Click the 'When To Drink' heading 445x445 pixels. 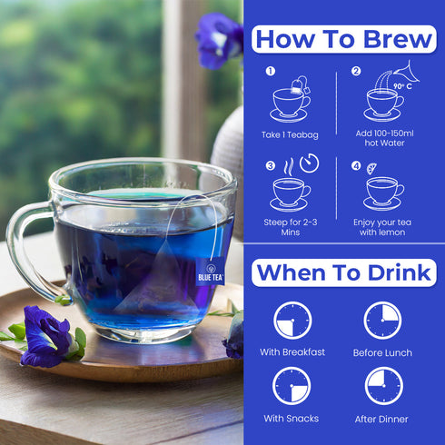[x=344, y=272]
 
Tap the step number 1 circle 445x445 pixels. [x=270, y=71]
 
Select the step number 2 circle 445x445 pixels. [x=356, y=71]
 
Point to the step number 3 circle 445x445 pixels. [x=270, y=166]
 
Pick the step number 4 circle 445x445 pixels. [x=356, y=166]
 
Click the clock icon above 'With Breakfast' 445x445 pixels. [x=292, y=321]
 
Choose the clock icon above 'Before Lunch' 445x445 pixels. [x=382, y=321]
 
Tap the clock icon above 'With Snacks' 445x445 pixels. [x=292, y=386]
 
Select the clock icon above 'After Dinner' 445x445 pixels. [x=383, y=386]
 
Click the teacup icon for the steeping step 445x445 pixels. [x=291, y=192]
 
